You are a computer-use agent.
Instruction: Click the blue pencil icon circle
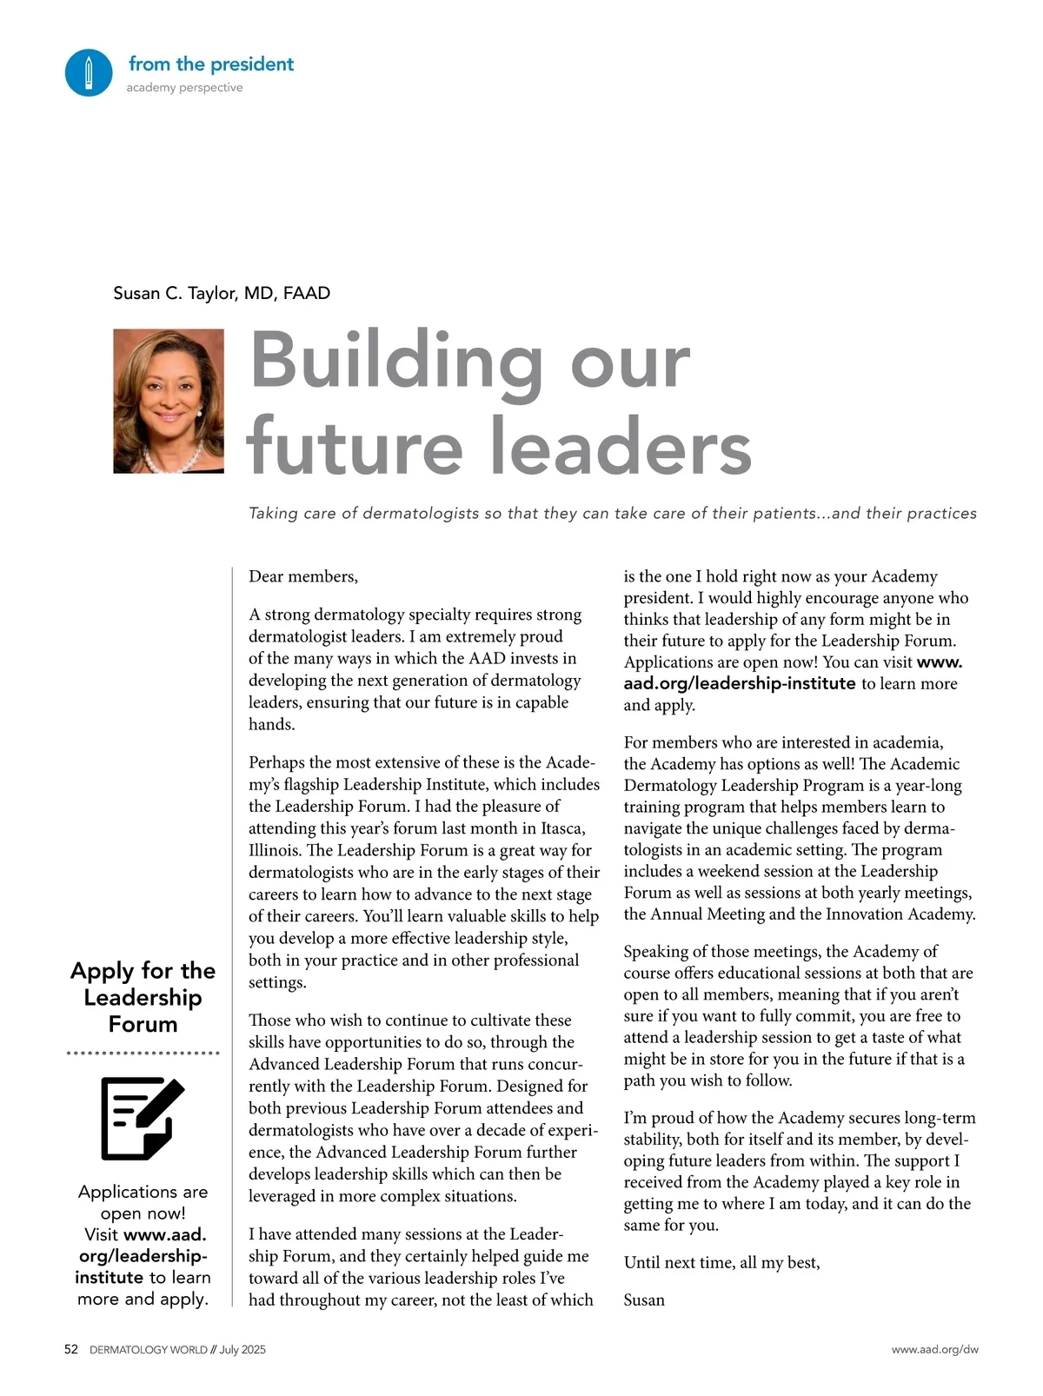89,72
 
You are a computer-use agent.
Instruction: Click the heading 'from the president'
211,63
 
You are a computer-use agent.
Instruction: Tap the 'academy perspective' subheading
184,88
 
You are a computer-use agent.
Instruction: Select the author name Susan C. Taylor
222,293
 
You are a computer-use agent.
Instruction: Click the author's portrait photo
169,401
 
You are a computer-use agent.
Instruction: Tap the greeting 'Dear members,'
303,576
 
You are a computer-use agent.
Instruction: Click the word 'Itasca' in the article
560,828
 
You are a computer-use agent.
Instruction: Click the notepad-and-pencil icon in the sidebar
142,1118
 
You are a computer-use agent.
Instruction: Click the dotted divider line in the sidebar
143,1053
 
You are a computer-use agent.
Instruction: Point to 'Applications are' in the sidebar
143,1191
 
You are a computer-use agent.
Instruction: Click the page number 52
71,1349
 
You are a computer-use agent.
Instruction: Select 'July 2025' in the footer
242,1350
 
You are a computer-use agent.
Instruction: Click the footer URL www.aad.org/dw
934,1350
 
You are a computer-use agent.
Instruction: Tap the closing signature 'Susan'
644,1300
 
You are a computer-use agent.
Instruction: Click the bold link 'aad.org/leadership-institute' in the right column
740,683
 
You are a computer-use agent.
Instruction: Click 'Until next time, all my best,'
721,1262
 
